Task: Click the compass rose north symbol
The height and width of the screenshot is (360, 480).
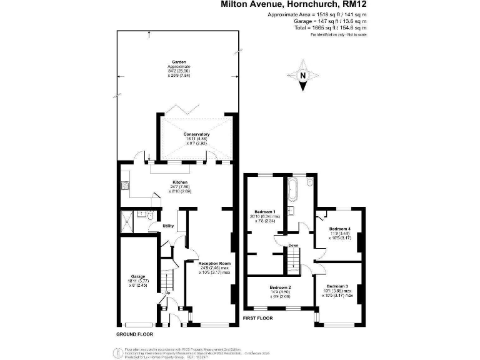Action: click(x=304, y=76)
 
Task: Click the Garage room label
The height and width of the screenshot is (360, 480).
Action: click(x=138, y=276)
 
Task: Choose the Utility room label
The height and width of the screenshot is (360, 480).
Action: click(x=168, y=226)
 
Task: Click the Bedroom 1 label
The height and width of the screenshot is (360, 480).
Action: click(x=266, y=212)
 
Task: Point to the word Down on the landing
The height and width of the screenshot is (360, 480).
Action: click(x=293, y=246)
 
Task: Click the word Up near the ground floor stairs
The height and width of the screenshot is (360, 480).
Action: click(x=167, y=292)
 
